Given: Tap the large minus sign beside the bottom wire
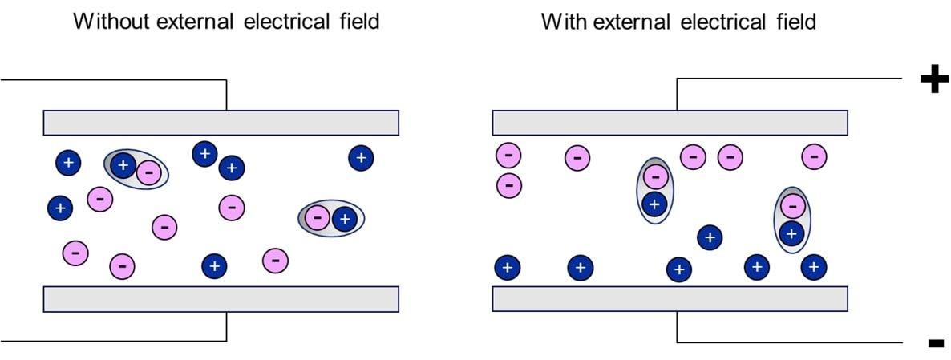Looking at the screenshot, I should [x=935, y=343].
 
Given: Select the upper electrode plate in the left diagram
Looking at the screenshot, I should [x=221, y=123].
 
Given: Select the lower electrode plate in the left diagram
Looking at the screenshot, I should [x=221, y=298].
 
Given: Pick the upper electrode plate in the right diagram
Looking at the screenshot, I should [x=670, y=123].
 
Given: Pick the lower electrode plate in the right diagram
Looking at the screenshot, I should [x=670, y=298].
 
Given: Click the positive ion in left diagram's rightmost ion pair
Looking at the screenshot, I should [x=344, y=218].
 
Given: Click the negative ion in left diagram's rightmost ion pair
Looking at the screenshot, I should [x=318, y=218].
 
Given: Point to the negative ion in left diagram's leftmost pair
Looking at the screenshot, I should [x=148, y=172].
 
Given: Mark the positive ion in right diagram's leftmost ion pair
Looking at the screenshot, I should [x=655, y=204].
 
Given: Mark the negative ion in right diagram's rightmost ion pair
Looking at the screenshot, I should [x=792, y=206].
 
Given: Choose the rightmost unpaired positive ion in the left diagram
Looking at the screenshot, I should [x=361, y=158].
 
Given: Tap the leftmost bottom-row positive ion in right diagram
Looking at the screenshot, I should [x=507, y=267].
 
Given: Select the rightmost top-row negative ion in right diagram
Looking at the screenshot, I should [x=814, y=156].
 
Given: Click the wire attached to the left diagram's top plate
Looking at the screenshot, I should [x=120, y=80].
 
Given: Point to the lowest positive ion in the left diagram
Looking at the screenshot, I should [x=213, y=265].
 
